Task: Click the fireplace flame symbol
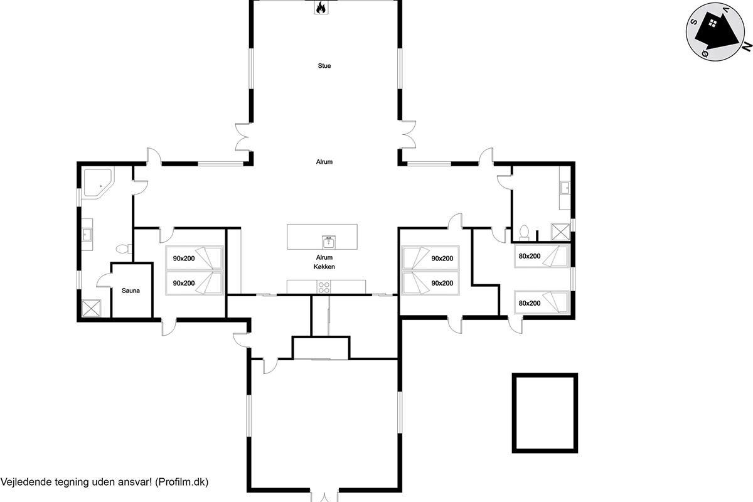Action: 321,8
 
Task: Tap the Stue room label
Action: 324,66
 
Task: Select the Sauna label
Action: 131,291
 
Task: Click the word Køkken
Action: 324,267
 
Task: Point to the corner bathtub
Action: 97,183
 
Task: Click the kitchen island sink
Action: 328,242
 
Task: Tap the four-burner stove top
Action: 324,287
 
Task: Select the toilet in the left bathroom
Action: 124,249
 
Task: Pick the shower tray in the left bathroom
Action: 91,308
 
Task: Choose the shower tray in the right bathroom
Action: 561,232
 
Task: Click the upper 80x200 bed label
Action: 530,256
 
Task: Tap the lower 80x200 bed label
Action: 530,303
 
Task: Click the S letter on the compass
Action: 693,22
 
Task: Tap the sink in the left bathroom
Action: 87,235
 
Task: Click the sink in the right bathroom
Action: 565,188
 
